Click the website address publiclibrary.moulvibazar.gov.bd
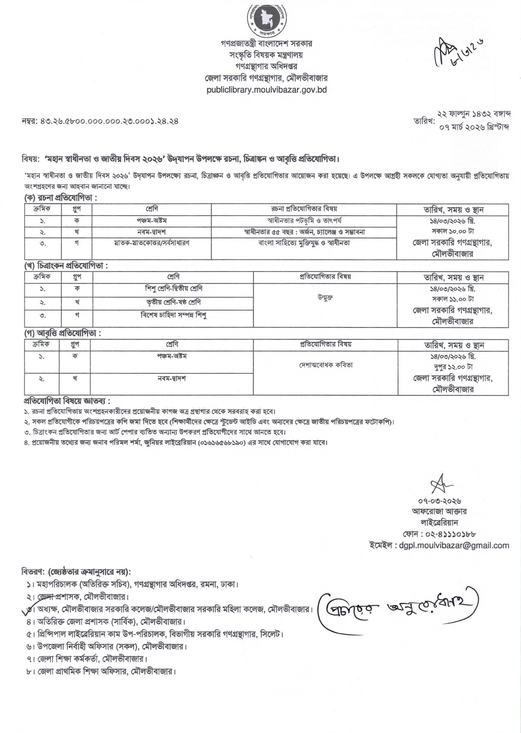click(267, 89)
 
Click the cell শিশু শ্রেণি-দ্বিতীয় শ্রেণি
click(173, 289)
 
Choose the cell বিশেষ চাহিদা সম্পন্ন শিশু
click(173, 315)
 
